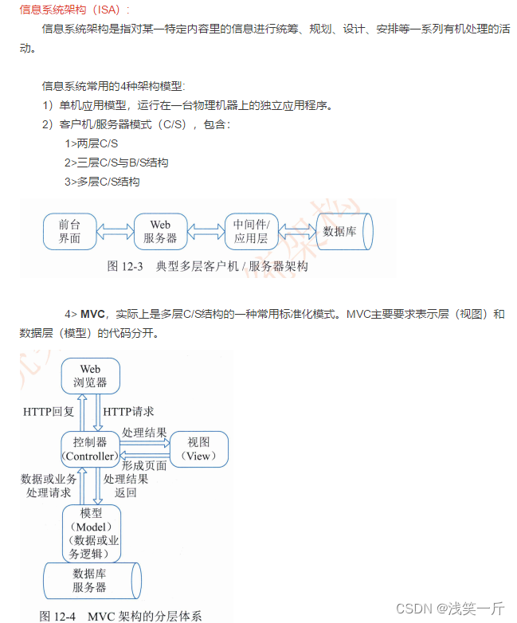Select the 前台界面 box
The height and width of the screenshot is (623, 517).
[69, 231]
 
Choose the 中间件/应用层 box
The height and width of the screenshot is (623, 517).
[251, 231]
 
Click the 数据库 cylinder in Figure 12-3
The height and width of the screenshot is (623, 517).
[343, 231]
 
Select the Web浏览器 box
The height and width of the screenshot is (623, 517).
[90, 375]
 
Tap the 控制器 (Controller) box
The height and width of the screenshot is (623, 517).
[90, 449]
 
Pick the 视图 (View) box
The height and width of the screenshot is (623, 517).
[198, 449]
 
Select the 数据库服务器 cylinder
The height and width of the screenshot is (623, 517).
[90, 580]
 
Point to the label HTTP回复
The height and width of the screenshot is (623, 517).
[49, 412]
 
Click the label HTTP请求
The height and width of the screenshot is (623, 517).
[129, 412]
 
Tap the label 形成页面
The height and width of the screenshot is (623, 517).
[144, 465]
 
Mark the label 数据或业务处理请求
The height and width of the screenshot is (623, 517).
[49, 486]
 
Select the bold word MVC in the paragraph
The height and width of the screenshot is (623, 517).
[94, 315]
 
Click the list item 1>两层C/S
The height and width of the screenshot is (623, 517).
[92, 144]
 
